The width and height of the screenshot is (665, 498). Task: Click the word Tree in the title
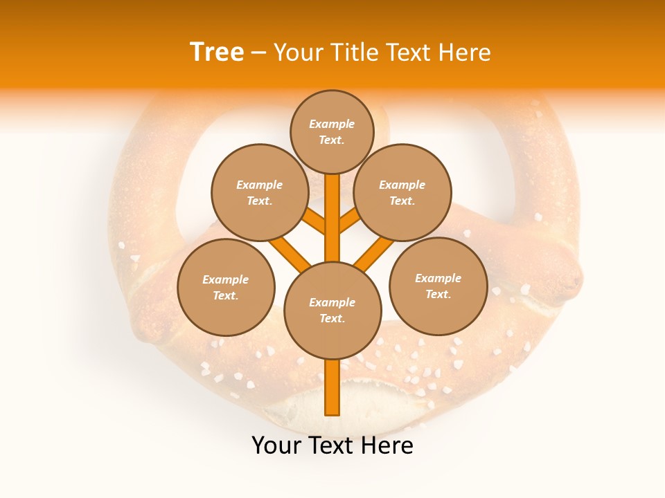coord(217,53)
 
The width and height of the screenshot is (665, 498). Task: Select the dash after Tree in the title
coord(258,53)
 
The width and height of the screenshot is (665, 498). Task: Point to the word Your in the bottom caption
coord(277,445)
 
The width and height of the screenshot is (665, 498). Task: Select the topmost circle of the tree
coord(332,131)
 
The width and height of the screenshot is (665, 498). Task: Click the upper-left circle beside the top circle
coord(260,192)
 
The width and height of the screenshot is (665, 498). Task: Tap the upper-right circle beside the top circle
coord(402,192)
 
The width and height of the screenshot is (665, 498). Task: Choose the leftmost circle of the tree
coord(226,287)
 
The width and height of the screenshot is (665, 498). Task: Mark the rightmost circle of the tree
coord(438,286)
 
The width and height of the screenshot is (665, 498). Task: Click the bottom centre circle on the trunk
coord(332,311)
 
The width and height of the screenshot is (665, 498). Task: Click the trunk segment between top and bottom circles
coord(332,218)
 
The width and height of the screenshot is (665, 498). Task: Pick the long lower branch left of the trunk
coord(290,253)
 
